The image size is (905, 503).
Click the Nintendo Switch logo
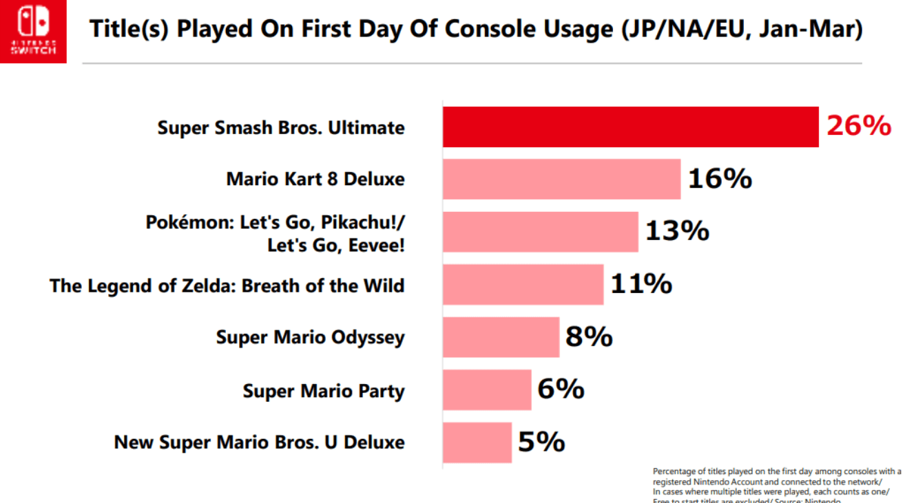[33, 31]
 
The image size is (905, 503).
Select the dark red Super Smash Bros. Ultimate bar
[630, 127]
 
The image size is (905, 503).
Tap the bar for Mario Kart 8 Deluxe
[561, 180]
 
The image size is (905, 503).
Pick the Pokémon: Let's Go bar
[540, 232]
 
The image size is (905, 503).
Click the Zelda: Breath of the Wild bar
[523, 285]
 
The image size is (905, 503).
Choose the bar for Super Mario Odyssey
[501, 337]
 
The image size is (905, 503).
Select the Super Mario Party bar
[487, 389]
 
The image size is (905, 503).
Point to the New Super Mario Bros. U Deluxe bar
[477, 442]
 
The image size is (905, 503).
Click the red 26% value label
[858, 126]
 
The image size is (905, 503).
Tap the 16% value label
[720, 179]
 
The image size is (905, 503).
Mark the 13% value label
[677, 231]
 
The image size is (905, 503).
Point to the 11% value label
[641, 283]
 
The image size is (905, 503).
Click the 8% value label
[589, 336]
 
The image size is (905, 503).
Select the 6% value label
[561, 389]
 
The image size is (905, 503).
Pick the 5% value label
[541, 442]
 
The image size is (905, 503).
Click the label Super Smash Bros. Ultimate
[281, 128]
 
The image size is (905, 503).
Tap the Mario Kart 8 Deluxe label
[315, 180]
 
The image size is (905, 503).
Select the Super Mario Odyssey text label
[310, 337]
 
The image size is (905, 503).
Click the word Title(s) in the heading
[129, 31]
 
